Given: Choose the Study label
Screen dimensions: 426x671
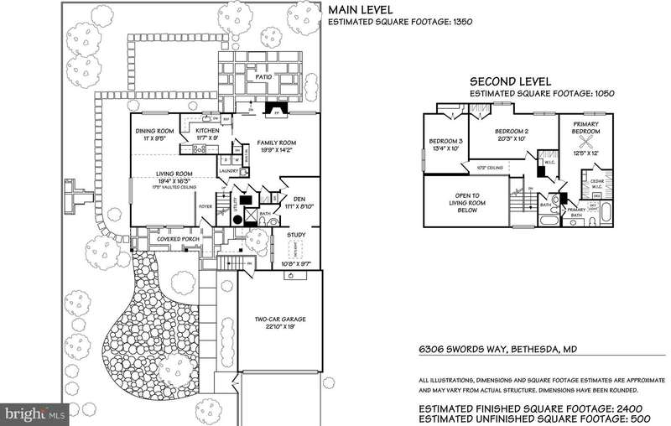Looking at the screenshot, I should click(296, 236).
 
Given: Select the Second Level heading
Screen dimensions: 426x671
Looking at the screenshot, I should click(510, 81).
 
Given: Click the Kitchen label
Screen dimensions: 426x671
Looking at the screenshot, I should click(207, 131).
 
